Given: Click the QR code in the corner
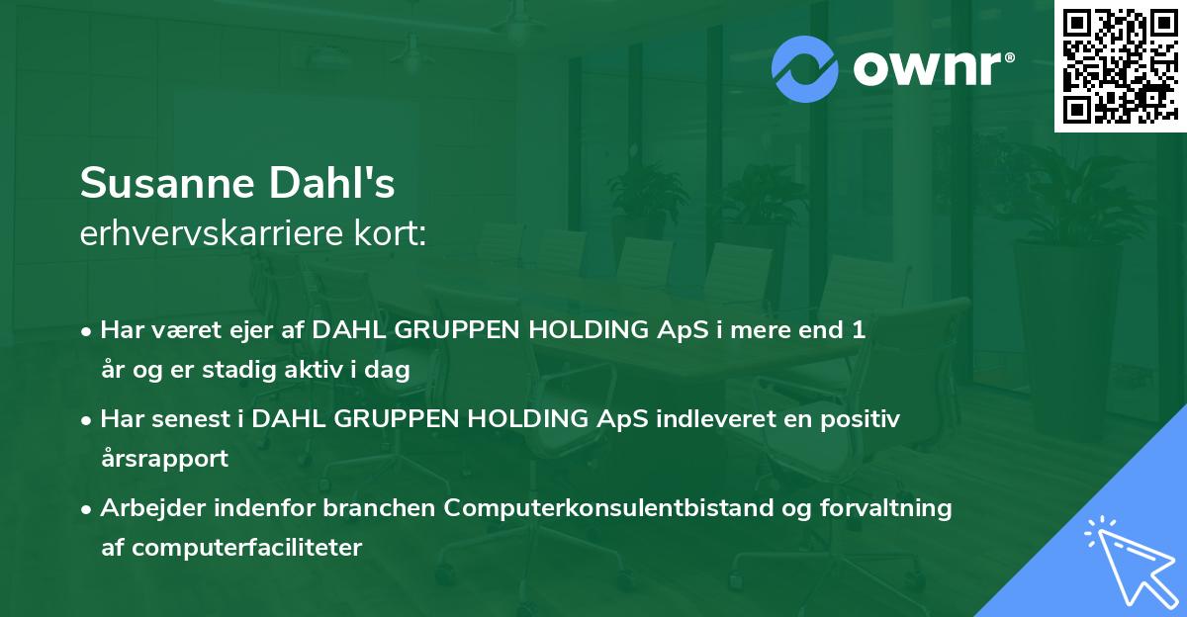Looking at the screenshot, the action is coord(1120,66).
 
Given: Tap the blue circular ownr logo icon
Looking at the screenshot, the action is coord(804,69).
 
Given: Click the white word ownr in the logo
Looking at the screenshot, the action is coord(927,68).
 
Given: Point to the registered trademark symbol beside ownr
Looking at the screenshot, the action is coord(1009,57).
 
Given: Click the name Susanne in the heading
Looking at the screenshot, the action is coord(167,183).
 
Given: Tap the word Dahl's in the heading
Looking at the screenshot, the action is coord(331,182).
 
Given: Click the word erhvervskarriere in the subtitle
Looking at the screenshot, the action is coord(212,233).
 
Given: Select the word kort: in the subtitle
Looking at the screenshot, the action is coord(390,233).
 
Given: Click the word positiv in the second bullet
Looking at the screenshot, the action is coord(860,420).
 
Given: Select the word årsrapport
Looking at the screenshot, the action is coord(164,459).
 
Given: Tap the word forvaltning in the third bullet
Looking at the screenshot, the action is coord(885,508).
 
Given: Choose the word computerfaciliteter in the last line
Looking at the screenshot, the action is coord(247,548).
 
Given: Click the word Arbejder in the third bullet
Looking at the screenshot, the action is coord(152,508).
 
